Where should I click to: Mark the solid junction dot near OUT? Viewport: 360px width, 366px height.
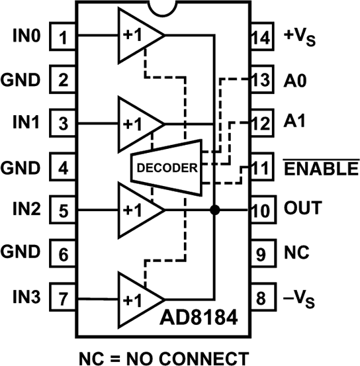tap(214, 210)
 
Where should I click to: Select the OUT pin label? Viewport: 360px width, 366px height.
tap(304, 210)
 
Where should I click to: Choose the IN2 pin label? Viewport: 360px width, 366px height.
tap(26, 210)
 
